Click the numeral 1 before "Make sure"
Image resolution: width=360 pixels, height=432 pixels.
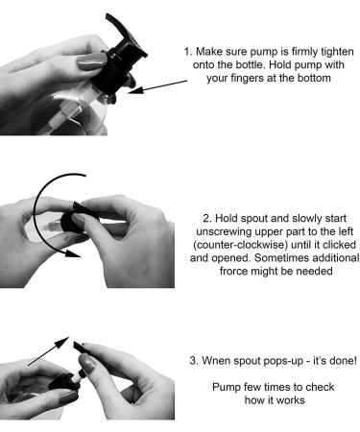(186, 52)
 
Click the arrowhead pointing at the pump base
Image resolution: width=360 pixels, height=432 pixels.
(135, 90)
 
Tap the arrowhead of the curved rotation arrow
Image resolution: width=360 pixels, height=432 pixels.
(73, 253)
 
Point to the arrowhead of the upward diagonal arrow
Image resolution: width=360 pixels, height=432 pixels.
(62, 343)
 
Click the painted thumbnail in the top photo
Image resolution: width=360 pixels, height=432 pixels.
(92, 61)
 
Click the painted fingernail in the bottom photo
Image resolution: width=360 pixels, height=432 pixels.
(86, 363)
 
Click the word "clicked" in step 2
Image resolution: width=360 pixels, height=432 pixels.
(339, 245)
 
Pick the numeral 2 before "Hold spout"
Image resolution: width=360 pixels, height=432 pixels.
(206, 219)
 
